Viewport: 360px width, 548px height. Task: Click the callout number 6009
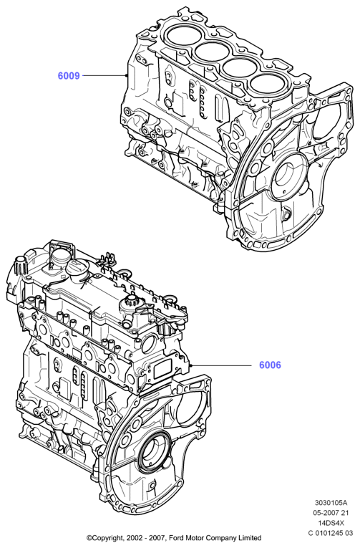pyautogui.click(x=69, y=75)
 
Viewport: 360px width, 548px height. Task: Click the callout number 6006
pyautogui.click(x=270, y=365)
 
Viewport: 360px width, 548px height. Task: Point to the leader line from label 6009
pyautogui.click(x=104, y=75)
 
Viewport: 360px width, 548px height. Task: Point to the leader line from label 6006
pyautogui.click(x=221, y=365)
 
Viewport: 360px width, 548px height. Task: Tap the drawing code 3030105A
pyautogui.click(x=331, y=504)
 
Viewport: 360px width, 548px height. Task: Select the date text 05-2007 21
pyautogui.click(x=331, y=513)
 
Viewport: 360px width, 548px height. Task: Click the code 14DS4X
pyautogui.click(x=331, y=523)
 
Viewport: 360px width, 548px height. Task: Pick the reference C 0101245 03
pyautogui.click(x=331, y=534)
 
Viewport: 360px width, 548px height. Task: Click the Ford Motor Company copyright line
pyautogui.click(x=174, y=538)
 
